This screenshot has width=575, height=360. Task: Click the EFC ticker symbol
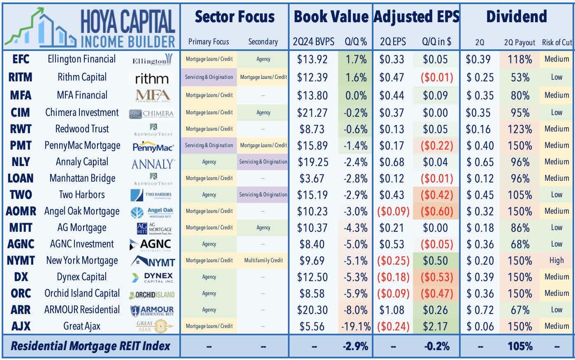[21, 59]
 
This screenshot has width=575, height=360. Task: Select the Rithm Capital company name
[82, 77]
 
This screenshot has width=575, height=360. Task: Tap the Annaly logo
[153, 164]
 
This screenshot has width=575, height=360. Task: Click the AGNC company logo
[152, 245]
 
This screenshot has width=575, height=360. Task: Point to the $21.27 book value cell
[312, 113]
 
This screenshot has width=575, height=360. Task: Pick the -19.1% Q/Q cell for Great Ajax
[355, 327]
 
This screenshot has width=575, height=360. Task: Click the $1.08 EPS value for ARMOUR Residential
[392, 310]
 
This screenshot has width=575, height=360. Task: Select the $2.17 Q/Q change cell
[435, 327]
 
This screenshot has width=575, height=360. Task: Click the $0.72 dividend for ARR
[480, 310]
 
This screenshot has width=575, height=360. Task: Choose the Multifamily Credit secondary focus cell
[263, 261]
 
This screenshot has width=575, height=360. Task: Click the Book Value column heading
[331, 17]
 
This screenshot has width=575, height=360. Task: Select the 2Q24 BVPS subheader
[313, 42]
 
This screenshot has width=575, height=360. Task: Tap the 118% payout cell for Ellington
[520, 60]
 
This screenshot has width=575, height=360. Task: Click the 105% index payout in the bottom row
[520, 346]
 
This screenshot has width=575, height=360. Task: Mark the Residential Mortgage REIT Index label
[90, 346]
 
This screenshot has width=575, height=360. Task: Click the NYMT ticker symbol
[21, 261]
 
